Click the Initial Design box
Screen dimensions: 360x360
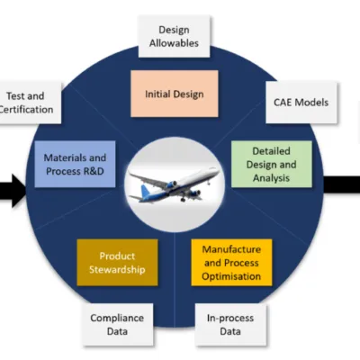[x=175, y=94]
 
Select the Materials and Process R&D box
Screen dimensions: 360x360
[x=75, y=164]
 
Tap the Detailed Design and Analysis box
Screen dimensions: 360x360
[x=272, y=165]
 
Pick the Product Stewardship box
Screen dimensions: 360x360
[x=117, y=263]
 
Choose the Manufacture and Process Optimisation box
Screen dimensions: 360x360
[x=231, y=263]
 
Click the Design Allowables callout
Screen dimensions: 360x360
[x=174, y=36]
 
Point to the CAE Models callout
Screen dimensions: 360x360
[x=301, y=103]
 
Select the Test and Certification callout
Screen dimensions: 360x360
[x=27, y=103]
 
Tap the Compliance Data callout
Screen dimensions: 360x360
[x=117, y=325]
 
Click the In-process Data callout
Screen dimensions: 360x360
[x=230, y=325]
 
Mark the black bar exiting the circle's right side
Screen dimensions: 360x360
[x=342, y=184]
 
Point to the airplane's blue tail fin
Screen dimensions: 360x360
[x=146, y=192]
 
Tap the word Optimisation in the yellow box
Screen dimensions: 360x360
[x=231, y=276]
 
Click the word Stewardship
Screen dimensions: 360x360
[x=117, y=269]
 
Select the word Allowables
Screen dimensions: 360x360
[x=174, y=43]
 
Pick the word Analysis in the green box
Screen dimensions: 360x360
[x=271, y=178]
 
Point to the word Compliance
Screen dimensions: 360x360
[x=117, y=318]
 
